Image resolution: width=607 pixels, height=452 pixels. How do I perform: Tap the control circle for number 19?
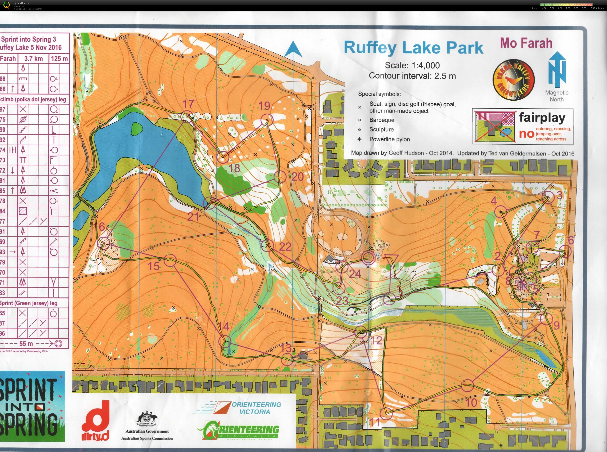pyautogui.click(x=267, y=120)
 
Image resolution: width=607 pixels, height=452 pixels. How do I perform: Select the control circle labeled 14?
pyautogui.click(x=225, y=341)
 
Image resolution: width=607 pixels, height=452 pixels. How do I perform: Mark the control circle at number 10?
pyautogui.click(x=467, y=386)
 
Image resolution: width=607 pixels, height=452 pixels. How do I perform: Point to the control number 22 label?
pyautogui.click(x=285, y=247)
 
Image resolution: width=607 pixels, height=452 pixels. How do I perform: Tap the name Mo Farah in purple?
pyautogui.click(x=526, y=43)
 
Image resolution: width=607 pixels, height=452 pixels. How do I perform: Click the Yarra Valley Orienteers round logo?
pyautogui.click(x=513, y=80)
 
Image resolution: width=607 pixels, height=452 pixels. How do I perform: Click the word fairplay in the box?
pyautogui.click(x=542, y=118)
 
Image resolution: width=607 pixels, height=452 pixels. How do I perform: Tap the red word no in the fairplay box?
pyautogui.click(x=526, y=134)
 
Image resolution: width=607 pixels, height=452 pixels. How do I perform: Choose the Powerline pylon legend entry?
pyautogui.click(x=389, y=139)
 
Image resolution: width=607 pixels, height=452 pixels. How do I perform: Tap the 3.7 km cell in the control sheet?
pyautogui.click(x=33, y=58)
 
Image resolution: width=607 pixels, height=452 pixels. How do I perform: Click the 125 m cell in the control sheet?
pyautogui.click(x=59, y=58)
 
